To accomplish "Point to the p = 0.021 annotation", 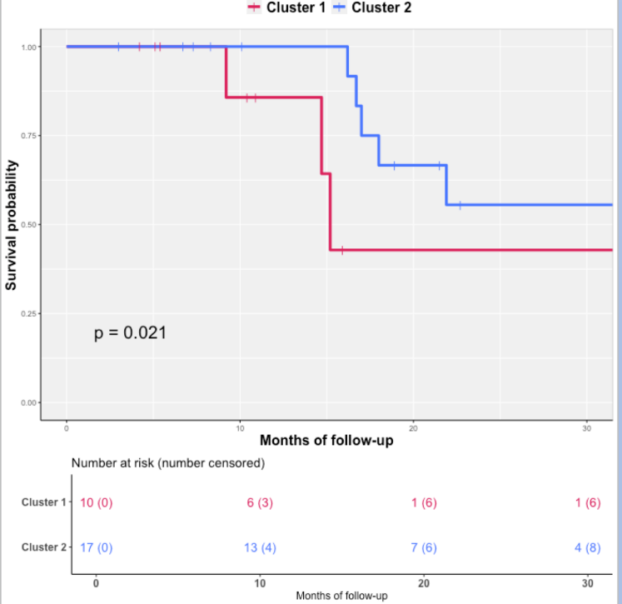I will pos(130,333).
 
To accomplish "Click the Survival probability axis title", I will pos(12,225).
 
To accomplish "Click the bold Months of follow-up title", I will pos(326,440).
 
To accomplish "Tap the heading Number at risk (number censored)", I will pos(167,462).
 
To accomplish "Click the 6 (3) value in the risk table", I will pos(261,502).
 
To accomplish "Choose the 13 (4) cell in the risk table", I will pos(261,547).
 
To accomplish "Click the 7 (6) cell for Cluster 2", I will pos(424,547).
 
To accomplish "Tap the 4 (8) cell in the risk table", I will pos(587,547).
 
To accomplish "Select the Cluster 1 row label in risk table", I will pos(44,502).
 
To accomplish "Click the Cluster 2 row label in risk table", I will pos(44,547).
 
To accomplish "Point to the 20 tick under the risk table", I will pos(424,582).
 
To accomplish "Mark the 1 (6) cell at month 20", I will pos(424,502).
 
